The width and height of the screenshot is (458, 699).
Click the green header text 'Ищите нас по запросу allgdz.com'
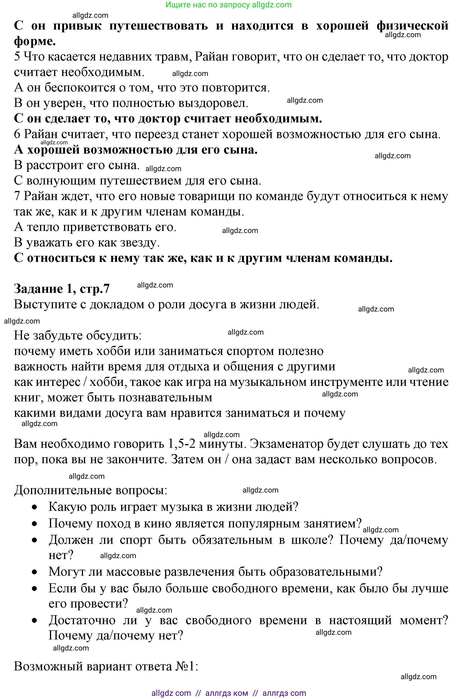click(228, 5)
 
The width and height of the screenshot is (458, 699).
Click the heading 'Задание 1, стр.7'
click(61, 289)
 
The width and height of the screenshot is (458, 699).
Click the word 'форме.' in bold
click(35, 41)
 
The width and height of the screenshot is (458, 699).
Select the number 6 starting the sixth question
click(17, 134)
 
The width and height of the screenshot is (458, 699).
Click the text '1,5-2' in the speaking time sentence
click(182, 444)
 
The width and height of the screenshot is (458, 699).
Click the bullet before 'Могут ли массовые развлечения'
click(35, 572)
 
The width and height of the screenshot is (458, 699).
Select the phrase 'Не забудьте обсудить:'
click(78, 335)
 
